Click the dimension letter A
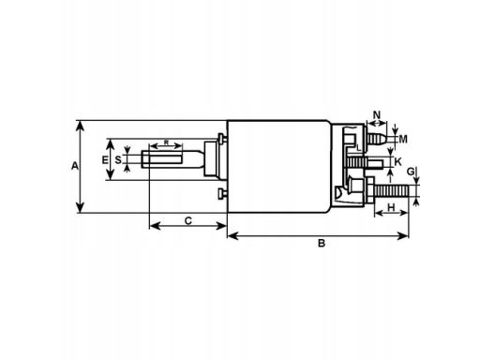(x=75, y=166)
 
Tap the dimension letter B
(x=322, y=243)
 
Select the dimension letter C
(x=188, y=221)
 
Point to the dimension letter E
(x=105, y=160)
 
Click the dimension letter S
(x=118, y=160)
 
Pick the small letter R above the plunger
(x=166, y=142)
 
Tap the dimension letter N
(x=377, y=114)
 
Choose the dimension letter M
(x=403, y=139)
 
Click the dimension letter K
(x=397, y=162)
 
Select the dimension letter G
(x=411, y=172)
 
